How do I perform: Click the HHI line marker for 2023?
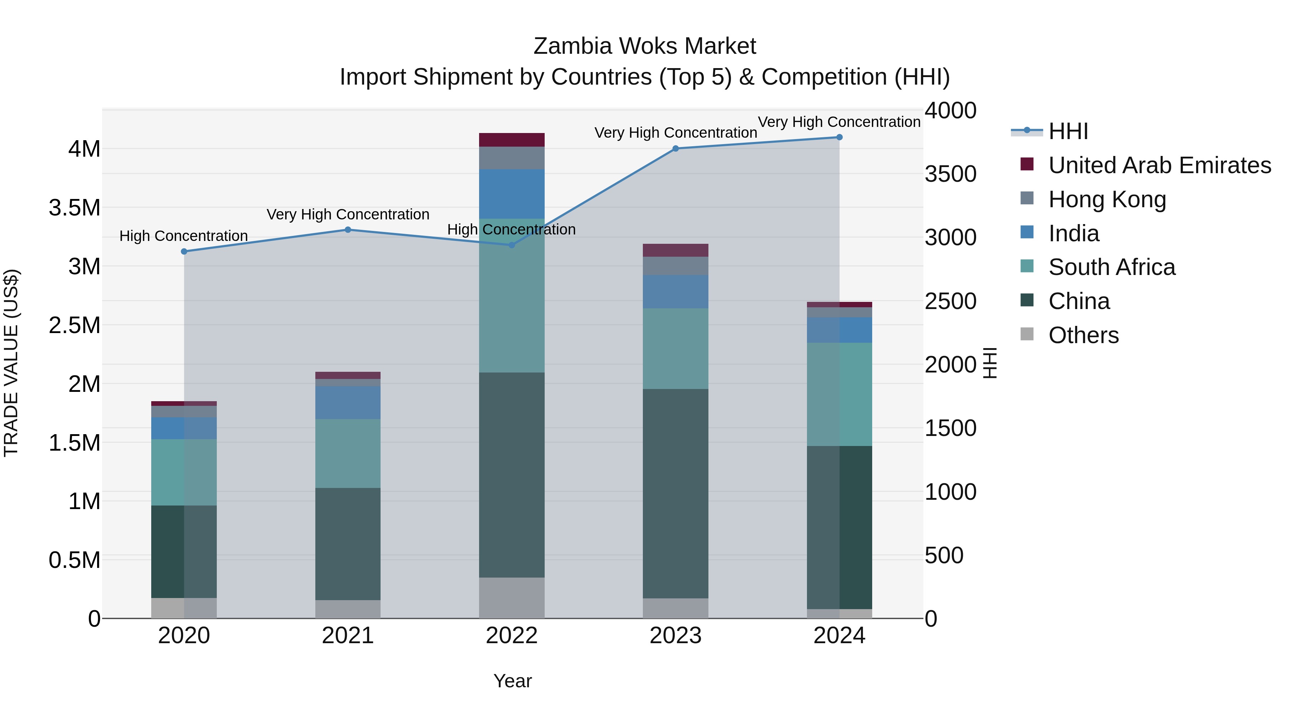pos(675,148)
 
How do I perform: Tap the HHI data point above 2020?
pos(184,252)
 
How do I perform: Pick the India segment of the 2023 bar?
pos(675,291)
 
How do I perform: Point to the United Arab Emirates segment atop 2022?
pos(512,140)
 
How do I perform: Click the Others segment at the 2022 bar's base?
pos(512,597)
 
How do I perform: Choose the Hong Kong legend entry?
pos(1107,199)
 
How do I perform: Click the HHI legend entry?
pos(1068,131)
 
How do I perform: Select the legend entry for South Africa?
pos(1112,267)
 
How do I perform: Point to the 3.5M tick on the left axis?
pos(75,208)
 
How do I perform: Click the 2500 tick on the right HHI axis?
pos(950,301)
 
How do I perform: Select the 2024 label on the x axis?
pos(839,636)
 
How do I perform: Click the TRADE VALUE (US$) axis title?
pos(11,363)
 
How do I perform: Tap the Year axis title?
pos(512,681)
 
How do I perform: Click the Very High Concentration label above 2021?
pos(348,214)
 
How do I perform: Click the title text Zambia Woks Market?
pos(645,46)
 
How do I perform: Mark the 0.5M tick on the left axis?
pos(75,560)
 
